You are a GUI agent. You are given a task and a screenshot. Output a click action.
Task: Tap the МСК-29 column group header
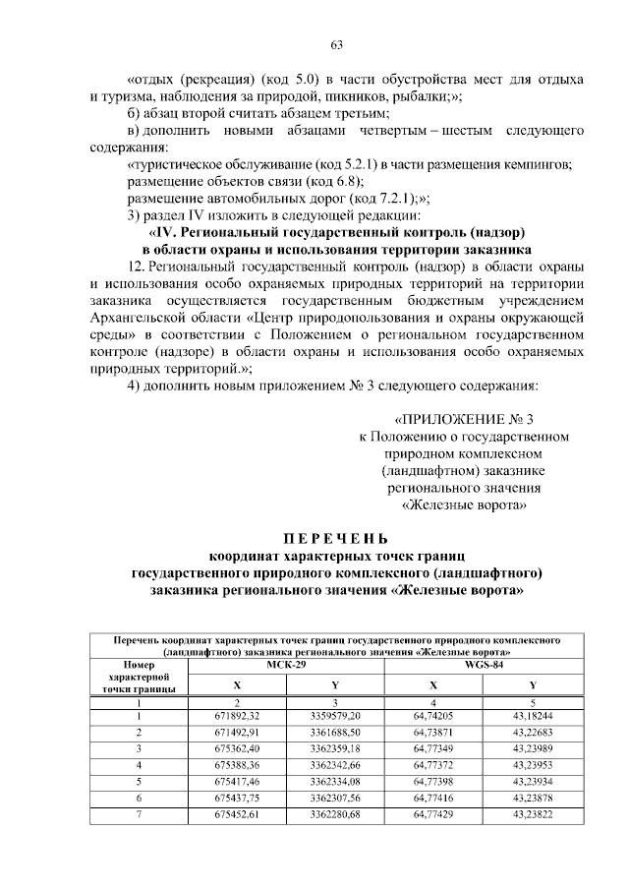click(x=285, y=665)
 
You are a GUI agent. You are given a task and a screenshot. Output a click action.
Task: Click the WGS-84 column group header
click(x=483, y=665)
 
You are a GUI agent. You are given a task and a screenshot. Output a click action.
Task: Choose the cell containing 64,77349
click(x=432, y=749)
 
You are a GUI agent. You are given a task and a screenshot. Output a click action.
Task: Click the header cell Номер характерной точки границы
click(x=138, y=677)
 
